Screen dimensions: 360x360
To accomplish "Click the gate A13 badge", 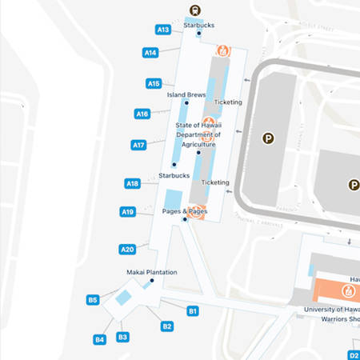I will point(162,30).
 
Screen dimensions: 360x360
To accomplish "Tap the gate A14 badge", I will point(150,53).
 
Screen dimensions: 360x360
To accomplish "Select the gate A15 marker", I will point(154,83).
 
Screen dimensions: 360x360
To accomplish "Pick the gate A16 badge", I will point(142,114).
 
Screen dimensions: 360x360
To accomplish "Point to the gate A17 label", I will point(138,145).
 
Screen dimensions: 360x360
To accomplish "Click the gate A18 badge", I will point(133,183).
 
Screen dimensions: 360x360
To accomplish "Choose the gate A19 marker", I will point(128,212).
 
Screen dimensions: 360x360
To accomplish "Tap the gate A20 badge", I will point(127,249).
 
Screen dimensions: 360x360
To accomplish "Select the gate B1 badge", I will point(193,310).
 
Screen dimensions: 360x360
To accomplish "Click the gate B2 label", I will point(167,326).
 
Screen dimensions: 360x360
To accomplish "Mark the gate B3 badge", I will point(122,337).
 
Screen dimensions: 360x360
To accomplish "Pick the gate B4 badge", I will point(99,339).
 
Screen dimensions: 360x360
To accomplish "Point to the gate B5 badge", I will point(93,300).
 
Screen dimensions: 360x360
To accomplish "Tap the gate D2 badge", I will point(354,354).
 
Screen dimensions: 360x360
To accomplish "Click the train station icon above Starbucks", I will point(194,10).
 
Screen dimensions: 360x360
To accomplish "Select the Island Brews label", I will point(186,94).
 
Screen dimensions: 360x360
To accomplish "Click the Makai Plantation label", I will point(152,272).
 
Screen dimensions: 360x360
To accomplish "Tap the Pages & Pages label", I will point(180,211).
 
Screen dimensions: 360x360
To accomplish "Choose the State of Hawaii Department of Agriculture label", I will point(198,135).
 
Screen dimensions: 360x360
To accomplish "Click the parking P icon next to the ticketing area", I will point(268,138).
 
